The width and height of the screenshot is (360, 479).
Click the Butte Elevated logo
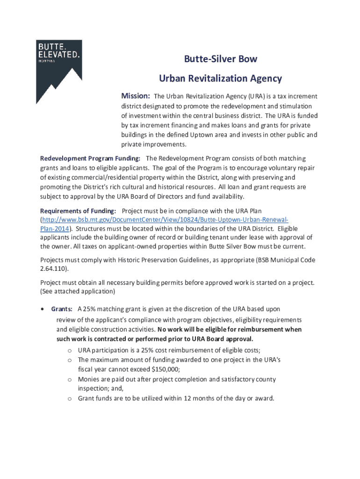(x=59, y=70)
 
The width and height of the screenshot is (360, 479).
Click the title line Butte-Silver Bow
(x=220, y=59)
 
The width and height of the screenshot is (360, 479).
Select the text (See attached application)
(x=78, y=291)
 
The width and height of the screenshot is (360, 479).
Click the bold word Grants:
(x=62, y=309)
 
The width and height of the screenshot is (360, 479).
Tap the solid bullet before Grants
(x=43, y=309)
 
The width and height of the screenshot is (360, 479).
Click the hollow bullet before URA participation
(x=69, y=350)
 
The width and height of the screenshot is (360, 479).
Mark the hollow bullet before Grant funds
(x=69, y=399)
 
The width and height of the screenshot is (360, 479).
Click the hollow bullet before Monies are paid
(x=69, y=379)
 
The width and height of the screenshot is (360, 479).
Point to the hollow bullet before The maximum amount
(x=69, y=360)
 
